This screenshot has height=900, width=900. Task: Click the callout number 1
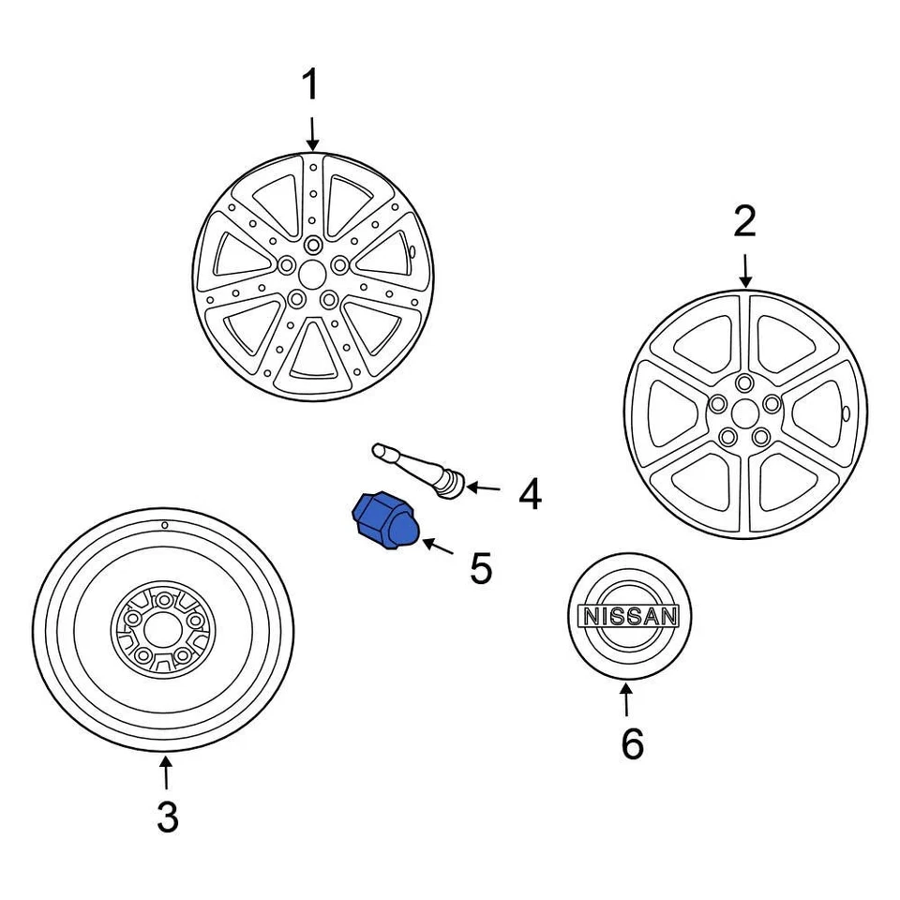(310, 86)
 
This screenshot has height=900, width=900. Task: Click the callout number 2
(743, 223)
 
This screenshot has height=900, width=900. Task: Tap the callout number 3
(166, 817)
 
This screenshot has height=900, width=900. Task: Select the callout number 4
(530, 494)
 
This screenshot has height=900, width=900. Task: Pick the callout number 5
(480, 568)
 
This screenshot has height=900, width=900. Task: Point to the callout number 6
(632, 743)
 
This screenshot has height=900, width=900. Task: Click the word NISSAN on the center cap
(629, 616)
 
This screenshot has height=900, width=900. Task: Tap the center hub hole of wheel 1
(313, 272)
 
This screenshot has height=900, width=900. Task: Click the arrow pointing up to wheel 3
(165, 773)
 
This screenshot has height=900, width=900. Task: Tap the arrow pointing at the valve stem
(484, 487)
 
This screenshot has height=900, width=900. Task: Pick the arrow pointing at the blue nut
(436, 546)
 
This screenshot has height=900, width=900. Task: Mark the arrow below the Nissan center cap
(626, 699)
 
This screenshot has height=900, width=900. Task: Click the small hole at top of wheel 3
(164, 525)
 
